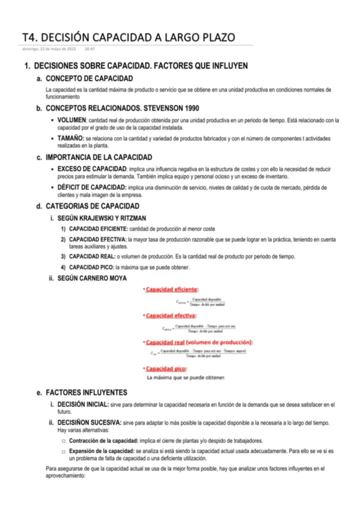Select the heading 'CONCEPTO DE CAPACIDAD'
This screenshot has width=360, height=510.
pyautogui.click(x=90, y=79)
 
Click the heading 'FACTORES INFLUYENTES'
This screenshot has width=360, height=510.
pyautogui.click(x=87, y=392)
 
